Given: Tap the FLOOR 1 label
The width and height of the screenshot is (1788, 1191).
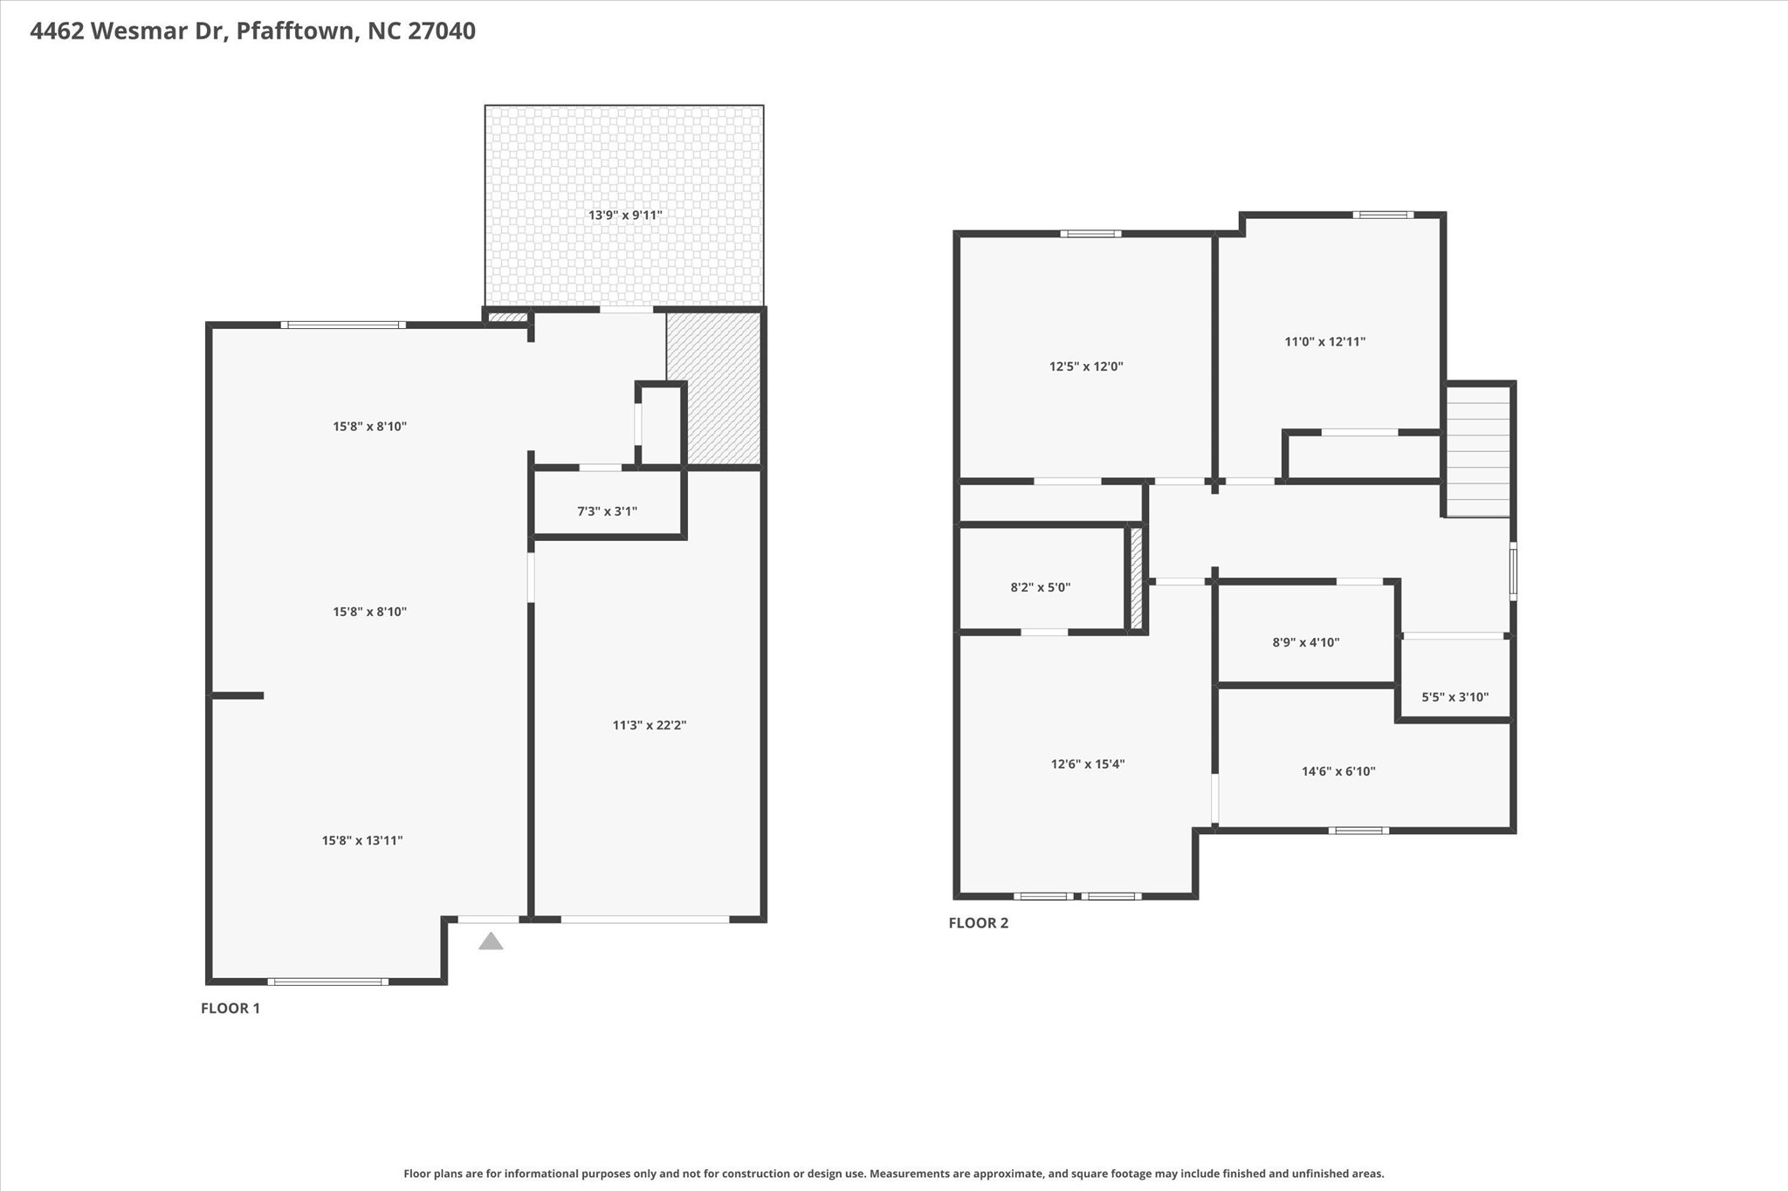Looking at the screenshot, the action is point(230,1009).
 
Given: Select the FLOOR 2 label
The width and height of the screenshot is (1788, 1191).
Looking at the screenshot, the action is point(979,923).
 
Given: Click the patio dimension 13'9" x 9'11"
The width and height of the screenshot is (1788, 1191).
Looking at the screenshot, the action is point(625,215).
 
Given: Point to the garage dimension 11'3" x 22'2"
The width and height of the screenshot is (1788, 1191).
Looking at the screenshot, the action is point(650,724).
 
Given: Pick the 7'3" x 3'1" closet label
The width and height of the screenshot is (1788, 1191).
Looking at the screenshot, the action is point(607,511).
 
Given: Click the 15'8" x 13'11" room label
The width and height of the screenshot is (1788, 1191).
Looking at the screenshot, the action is point(362,840).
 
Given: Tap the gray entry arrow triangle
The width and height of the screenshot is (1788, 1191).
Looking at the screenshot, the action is point(491,941).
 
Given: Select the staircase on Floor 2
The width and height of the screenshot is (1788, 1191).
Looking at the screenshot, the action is point(1478,452).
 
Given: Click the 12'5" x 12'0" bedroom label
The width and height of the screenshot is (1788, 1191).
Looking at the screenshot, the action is point(1086,366).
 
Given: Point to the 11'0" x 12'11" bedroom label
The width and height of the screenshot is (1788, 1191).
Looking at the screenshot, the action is point(1325,342).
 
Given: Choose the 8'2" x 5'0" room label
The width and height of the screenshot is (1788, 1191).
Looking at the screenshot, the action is point(1041,587).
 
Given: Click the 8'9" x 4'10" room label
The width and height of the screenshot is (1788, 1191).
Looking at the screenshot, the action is point(1306,642).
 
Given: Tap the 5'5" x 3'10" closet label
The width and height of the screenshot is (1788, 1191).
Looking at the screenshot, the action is point(1455,697).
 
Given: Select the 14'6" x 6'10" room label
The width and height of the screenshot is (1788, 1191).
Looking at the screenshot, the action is point(1338,771).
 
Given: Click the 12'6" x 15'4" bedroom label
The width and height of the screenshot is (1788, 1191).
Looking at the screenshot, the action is point(1088,764).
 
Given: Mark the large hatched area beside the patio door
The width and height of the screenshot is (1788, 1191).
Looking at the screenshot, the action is point(713,388).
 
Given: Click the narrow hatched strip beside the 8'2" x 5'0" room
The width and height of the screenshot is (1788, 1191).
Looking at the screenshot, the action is point(1137,578).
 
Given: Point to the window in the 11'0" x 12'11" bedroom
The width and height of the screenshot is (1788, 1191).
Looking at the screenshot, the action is point(1383,215).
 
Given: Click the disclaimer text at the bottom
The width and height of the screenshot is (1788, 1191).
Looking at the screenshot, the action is point(894,1174).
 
